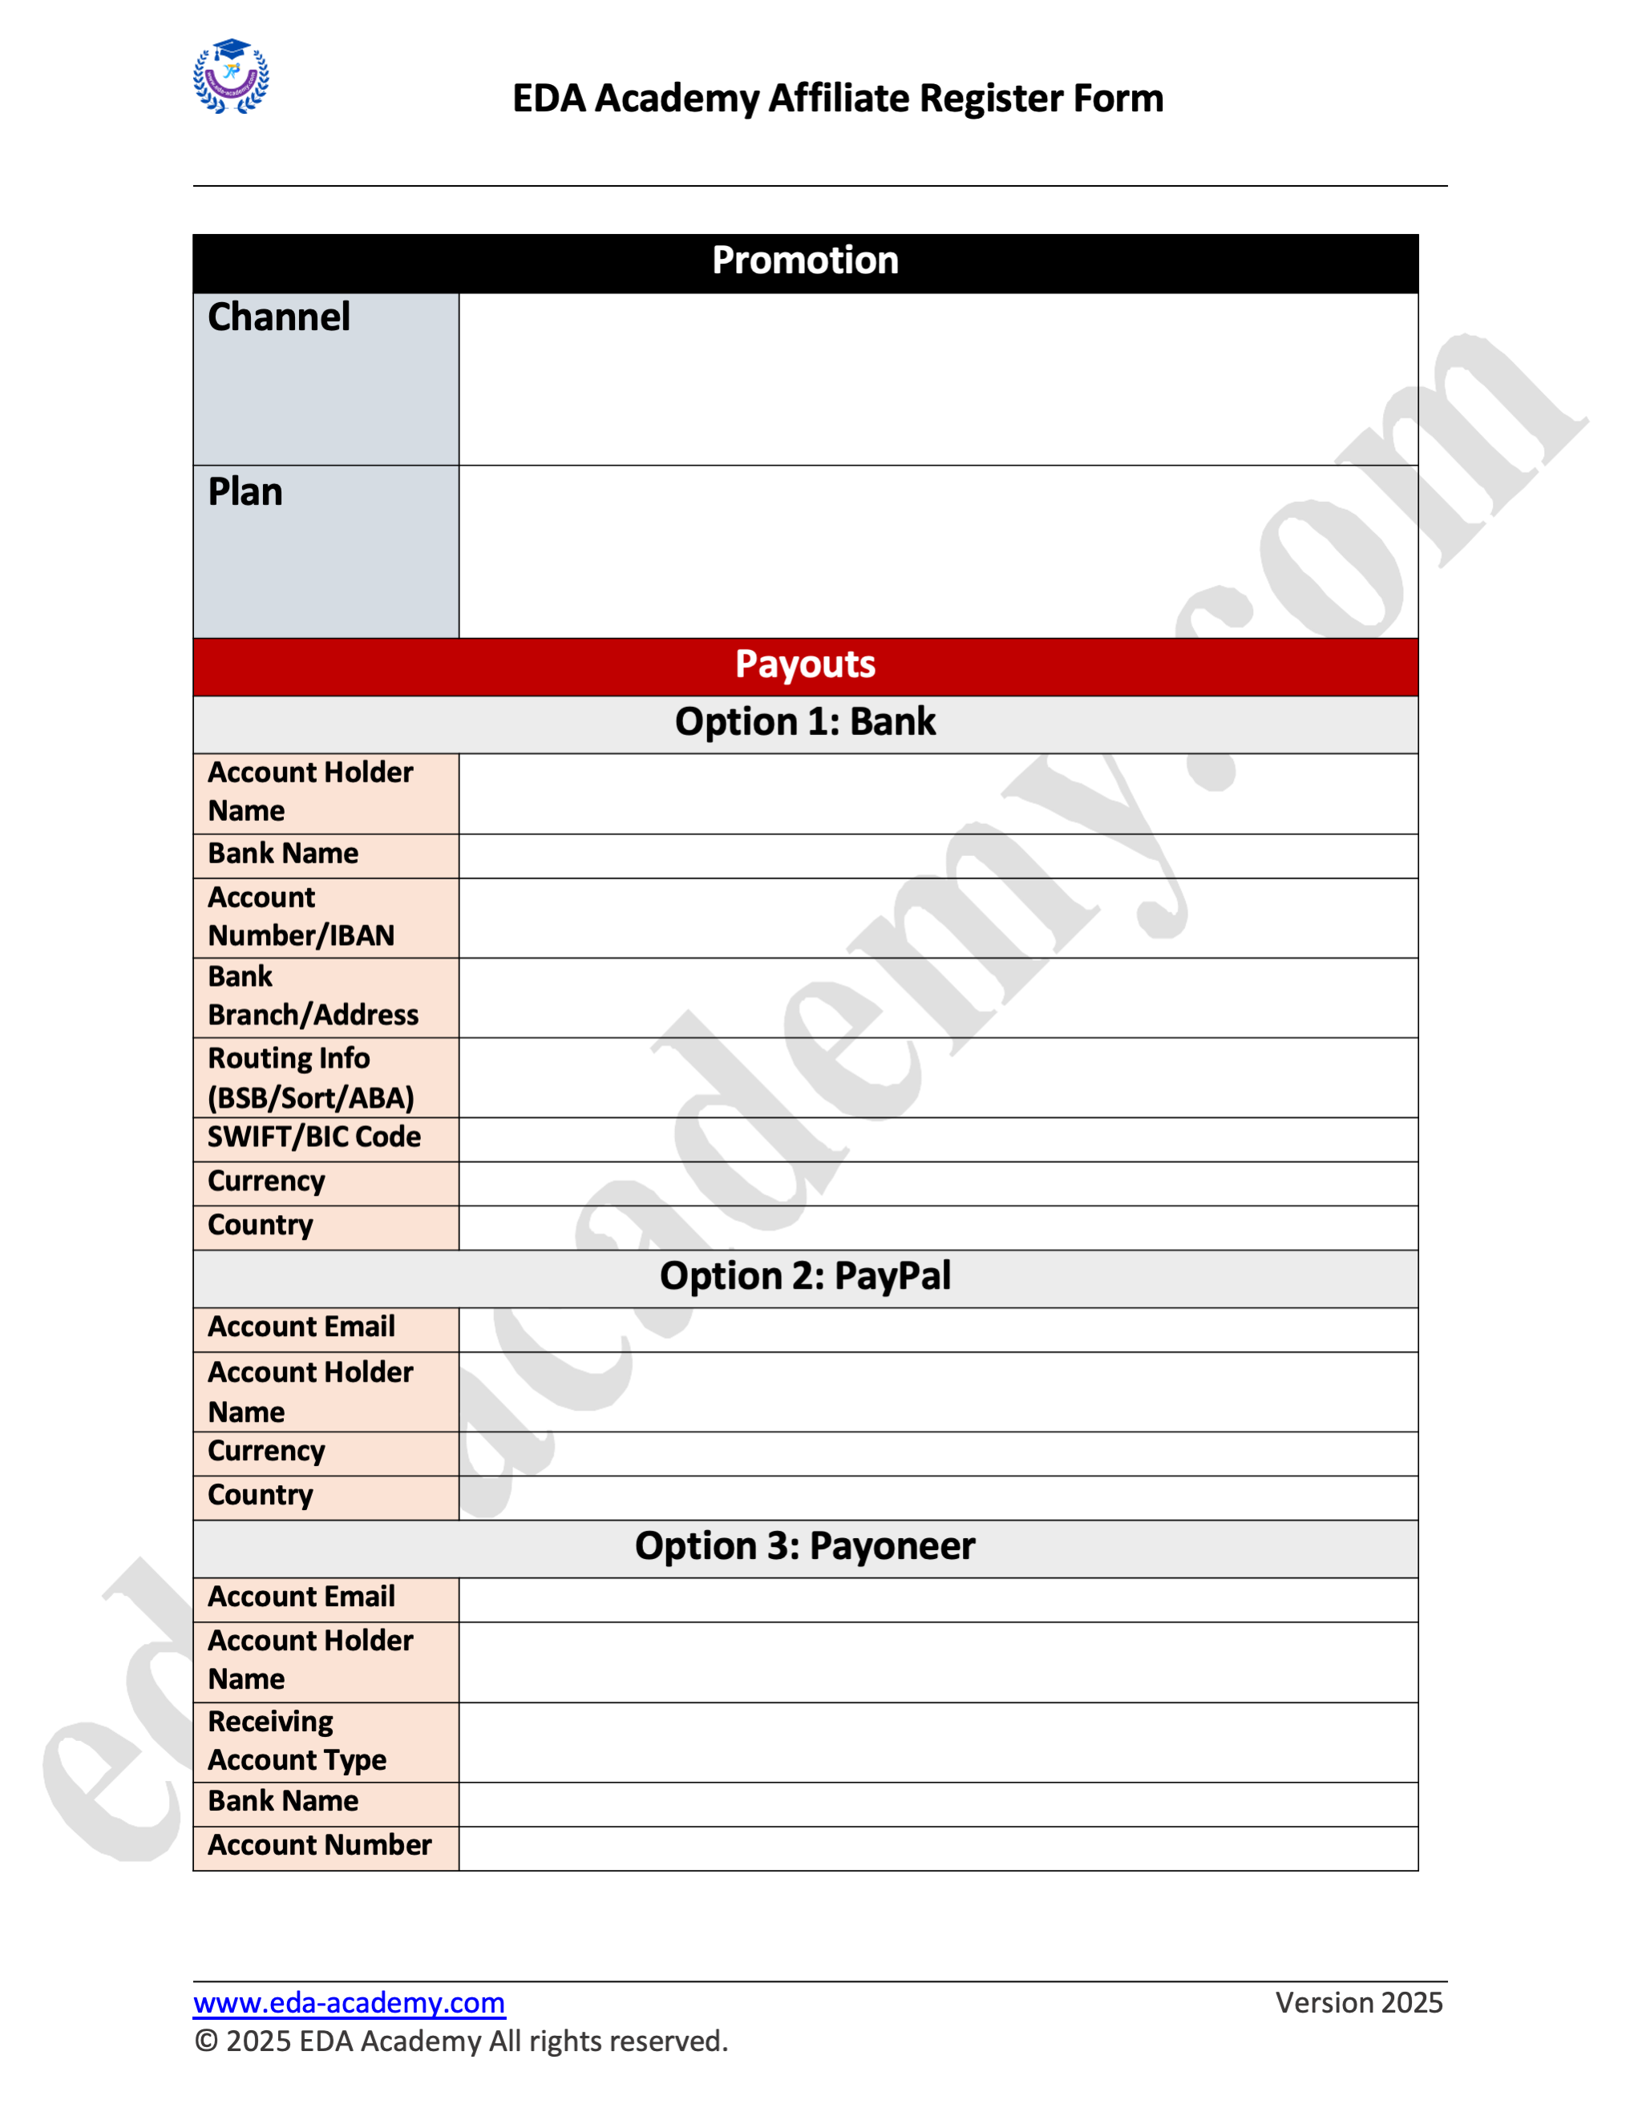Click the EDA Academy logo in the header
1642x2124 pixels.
pyautogui.click(x=231, y=77)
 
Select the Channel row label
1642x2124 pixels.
pyautogui.click(x=279, y=318)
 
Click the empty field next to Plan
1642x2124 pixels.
pyautogui.click(x=938, y=551)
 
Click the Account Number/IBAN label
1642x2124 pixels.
pyautogui.click(x=301, y=916)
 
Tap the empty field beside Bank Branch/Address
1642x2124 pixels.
pyautogui.click(x=938, y=997)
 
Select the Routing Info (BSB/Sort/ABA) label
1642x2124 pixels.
pyautogui.click(x=310, y=1077)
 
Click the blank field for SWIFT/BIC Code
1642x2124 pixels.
pyautogui.click(x=938, y=1139)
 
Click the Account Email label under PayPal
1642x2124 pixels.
pyautogui.click(x=301, y=1327)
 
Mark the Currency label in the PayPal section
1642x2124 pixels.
pyautogui.click(x=266, y=1452)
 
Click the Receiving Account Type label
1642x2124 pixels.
pyautogui.click(x=297, y=1741)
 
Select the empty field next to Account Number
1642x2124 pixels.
pyautogui.click(x=938, y=1847)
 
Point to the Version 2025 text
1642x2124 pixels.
pyautogui.click(x=1358, y=2004)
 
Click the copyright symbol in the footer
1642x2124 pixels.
pyautogui.click(x=205, y=2041)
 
